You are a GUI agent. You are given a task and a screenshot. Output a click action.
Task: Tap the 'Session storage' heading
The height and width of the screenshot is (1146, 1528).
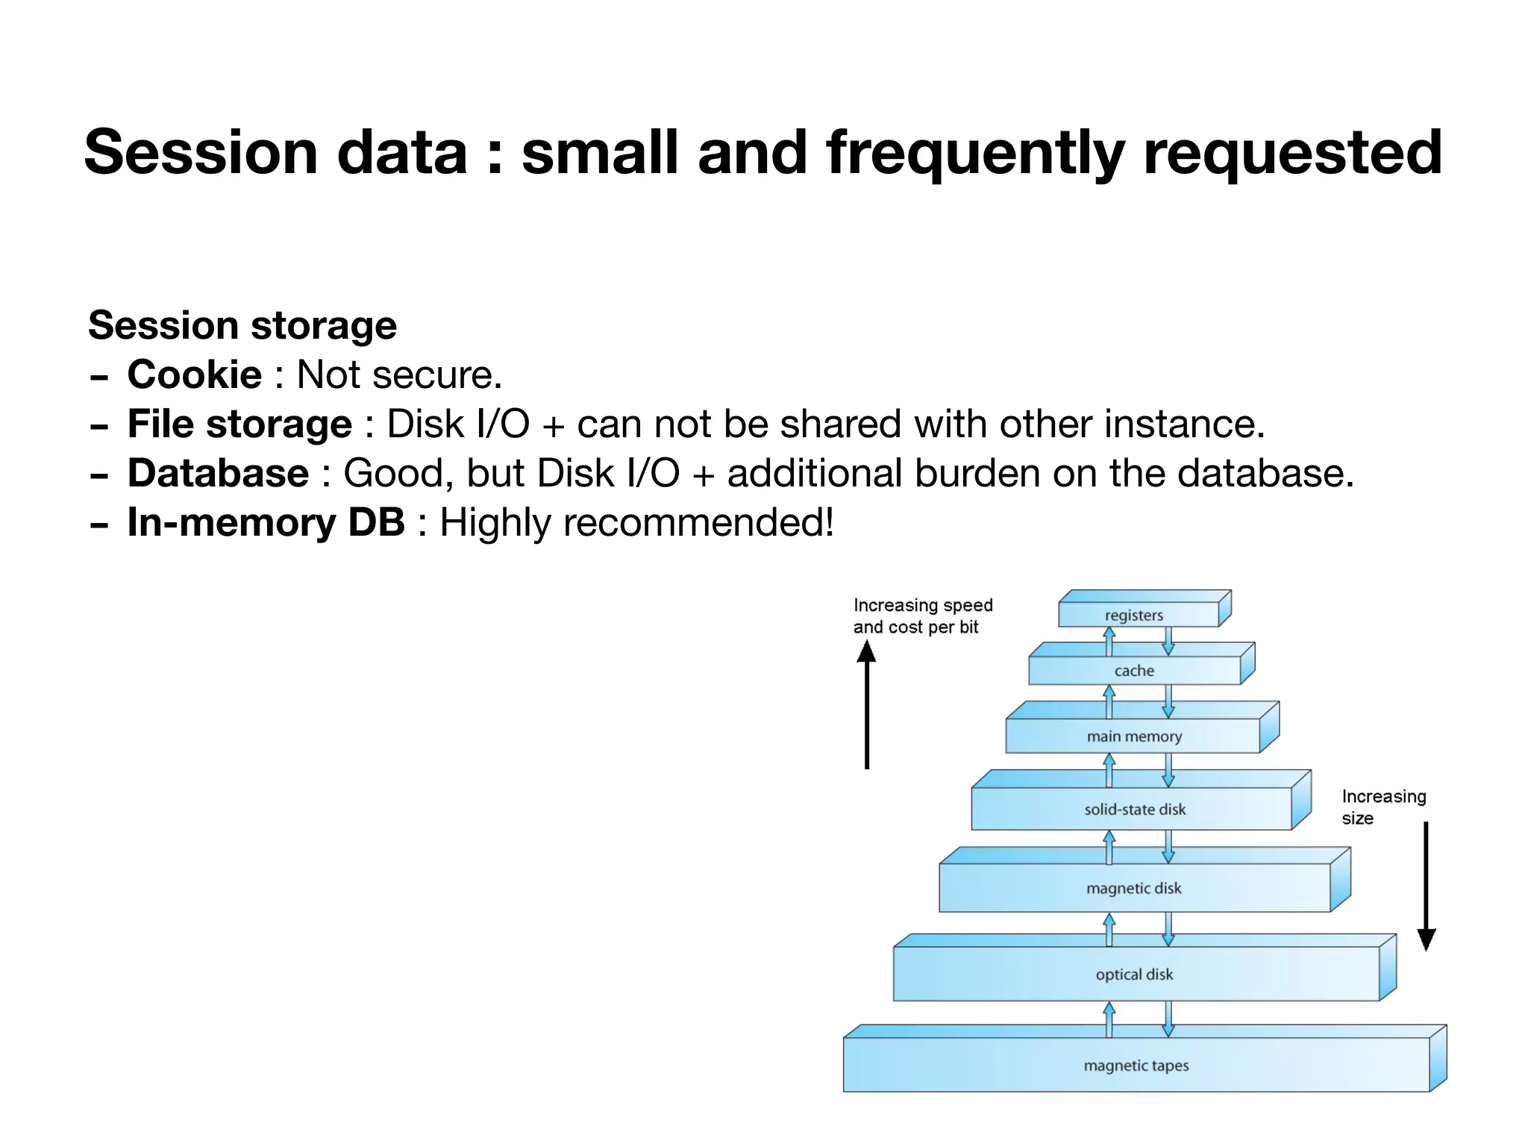click(242, 325)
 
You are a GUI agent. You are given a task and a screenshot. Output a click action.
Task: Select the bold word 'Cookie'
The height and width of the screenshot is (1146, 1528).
click(194, 375)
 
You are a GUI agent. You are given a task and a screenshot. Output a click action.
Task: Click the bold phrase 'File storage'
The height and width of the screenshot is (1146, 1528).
click(239, 424)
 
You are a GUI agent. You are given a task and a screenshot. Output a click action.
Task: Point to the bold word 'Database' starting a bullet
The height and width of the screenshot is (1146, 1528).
click(218, 473)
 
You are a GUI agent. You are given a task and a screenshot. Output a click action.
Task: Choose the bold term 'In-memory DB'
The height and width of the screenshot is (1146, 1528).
click(266, 522)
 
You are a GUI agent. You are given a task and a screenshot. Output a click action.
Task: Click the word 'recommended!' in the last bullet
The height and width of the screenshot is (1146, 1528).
click(698, 522)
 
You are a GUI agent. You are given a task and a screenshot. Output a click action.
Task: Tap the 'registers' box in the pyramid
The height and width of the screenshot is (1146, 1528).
click(1134, 616)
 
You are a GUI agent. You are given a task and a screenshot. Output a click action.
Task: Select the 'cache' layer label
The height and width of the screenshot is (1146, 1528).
click(1134, 671)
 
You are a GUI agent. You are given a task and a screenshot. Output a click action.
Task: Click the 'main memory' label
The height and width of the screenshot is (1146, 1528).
click(1134, 736)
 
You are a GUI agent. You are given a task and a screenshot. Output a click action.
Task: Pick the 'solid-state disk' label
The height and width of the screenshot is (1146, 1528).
click(1135, 810)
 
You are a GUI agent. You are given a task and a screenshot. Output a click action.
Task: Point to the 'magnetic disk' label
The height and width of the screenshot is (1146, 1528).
click(1134, 889)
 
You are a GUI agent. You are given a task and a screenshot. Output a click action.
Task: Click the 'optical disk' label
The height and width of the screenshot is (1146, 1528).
click(1134, 974)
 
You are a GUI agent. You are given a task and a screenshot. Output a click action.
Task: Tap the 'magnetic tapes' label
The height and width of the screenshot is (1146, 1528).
click(1136, 1065)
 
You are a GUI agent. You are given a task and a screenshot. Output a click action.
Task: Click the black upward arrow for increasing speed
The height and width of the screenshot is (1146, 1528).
click(867, 705)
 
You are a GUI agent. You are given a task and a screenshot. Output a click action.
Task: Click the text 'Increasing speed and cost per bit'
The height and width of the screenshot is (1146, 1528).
click(922, 616)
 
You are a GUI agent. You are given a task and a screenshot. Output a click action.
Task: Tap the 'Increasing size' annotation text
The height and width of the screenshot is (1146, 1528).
click(1383, 807)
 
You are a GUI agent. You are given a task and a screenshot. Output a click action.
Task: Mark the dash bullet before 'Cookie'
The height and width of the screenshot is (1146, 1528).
click(98, 377)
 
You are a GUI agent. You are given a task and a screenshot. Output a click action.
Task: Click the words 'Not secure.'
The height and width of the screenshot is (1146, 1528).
click(399, 375)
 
